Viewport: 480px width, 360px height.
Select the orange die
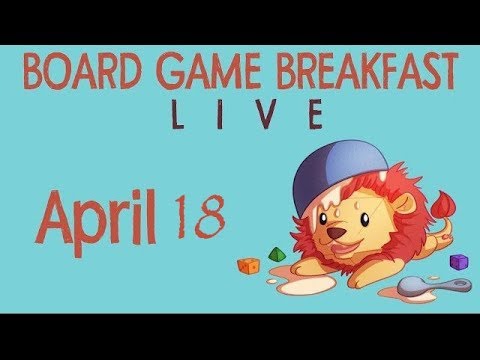click(246, 264)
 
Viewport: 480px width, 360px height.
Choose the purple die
click(459, 262)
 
